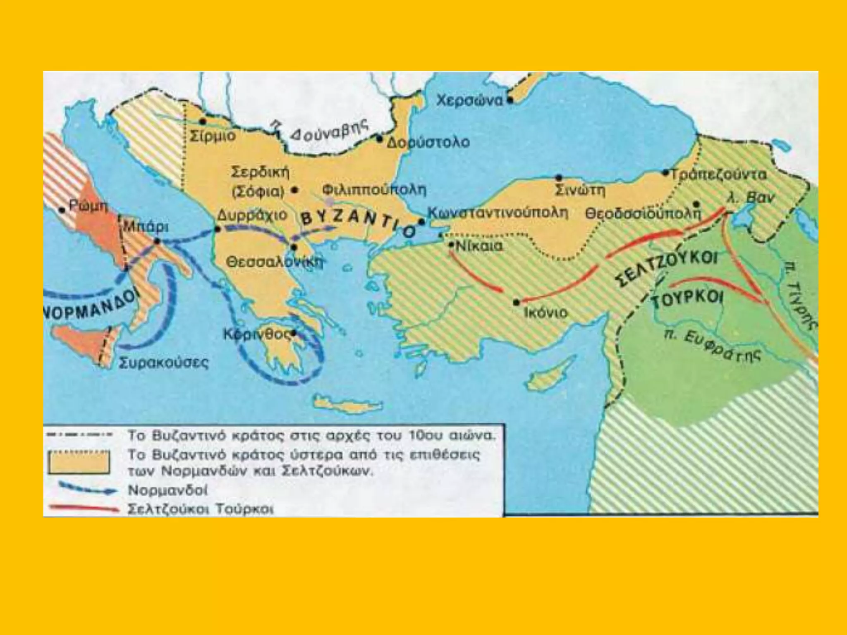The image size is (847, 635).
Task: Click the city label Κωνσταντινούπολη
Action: (498, 212)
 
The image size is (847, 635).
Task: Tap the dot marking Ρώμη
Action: (62, 210)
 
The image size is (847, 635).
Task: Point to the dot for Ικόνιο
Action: (516, 303)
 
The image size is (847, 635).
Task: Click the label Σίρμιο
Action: (213, 136)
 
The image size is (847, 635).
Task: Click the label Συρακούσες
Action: (164, 363)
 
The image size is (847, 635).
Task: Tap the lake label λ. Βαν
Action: (750, 198)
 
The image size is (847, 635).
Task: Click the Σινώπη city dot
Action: (559, 178)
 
